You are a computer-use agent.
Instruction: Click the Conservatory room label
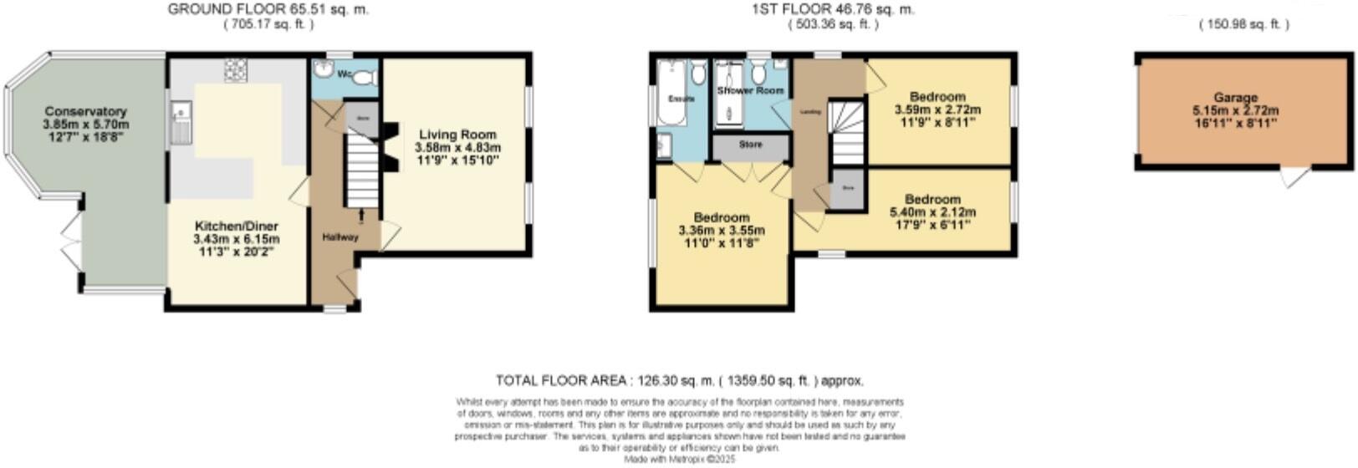85,111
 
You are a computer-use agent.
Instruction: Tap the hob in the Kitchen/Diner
235,71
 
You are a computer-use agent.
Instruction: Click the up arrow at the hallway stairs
361,216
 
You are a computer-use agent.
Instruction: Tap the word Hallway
340,237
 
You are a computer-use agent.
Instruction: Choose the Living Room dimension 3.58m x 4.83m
457,147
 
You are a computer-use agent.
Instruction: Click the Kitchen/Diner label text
237,226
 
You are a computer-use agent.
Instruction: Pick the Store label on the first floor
751,145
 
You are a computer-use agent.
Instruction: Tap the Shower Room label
750,90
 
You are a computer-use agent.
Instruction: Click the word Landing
810,110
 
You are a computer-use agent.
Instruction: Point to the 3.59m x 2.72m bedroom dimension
937,109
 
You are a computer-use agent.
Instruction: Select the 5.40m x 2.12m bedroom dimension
932,212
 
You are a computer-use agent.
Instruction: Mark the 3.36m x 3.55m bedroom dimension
722,231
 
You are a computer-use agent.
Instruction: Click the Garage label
1235,98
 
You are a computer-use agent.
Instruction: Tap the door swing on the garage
1294,177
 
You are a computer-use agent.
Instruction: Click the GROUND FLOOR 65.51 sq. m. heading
268,10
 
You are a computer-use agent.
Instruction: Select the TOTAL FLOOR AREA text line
679,380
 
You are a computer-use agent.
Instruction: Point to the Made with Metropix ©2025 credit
678,459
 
